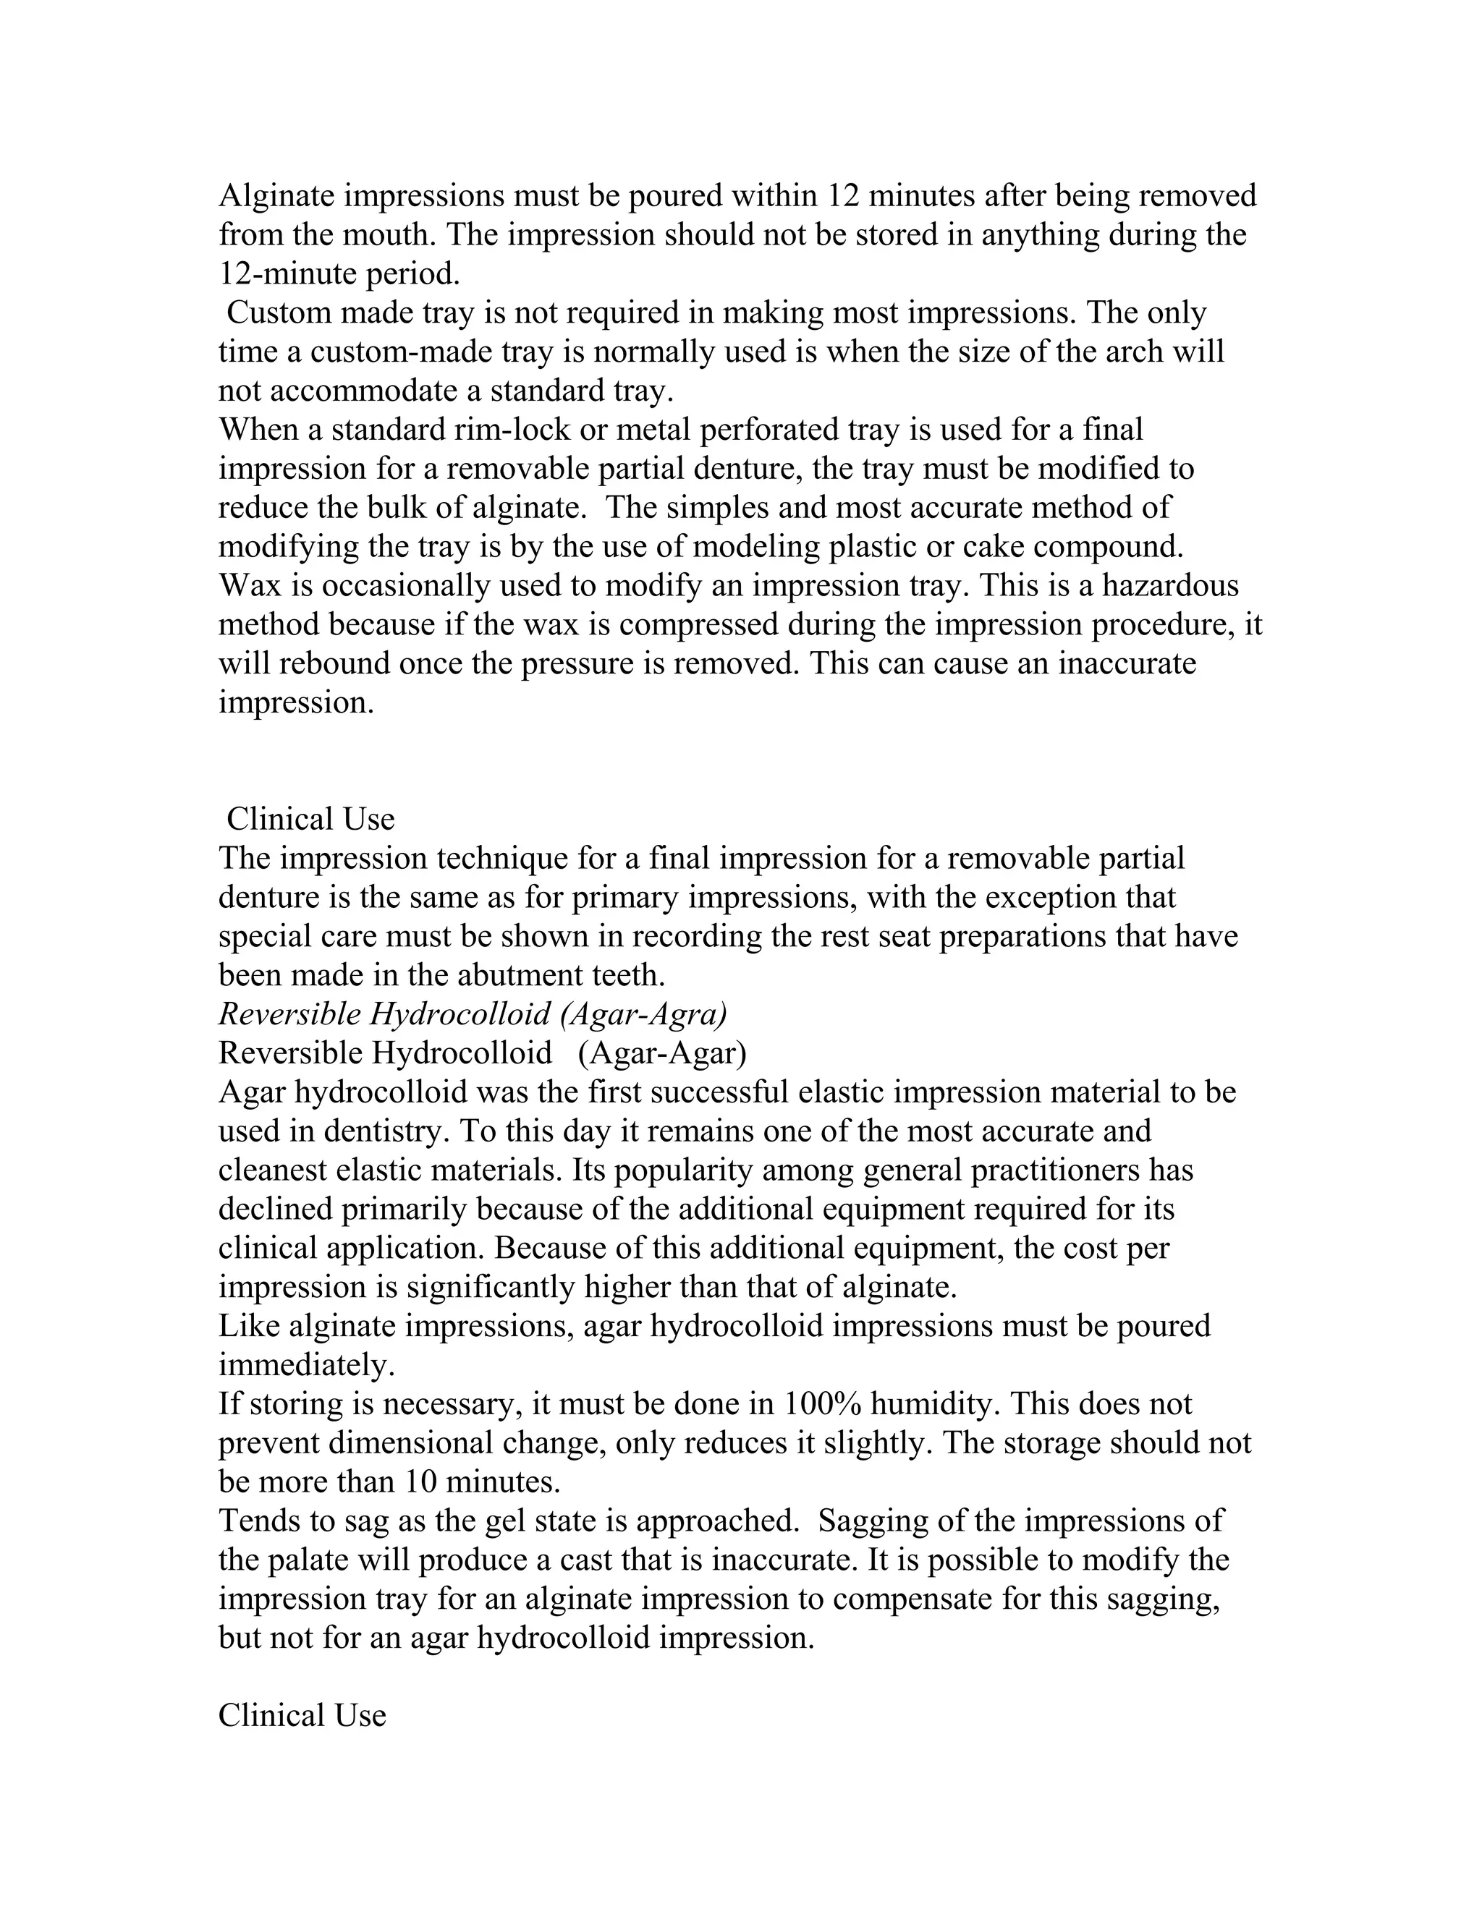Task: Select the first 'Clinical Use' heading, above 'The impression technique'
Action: tap(310, 819)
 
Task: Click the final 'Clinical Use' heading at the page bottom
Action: tap(302, 1715)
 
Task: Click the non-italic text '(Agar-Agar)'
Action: tap(662, 1053)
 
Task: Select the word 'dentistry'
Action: tap(384, 1131)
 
